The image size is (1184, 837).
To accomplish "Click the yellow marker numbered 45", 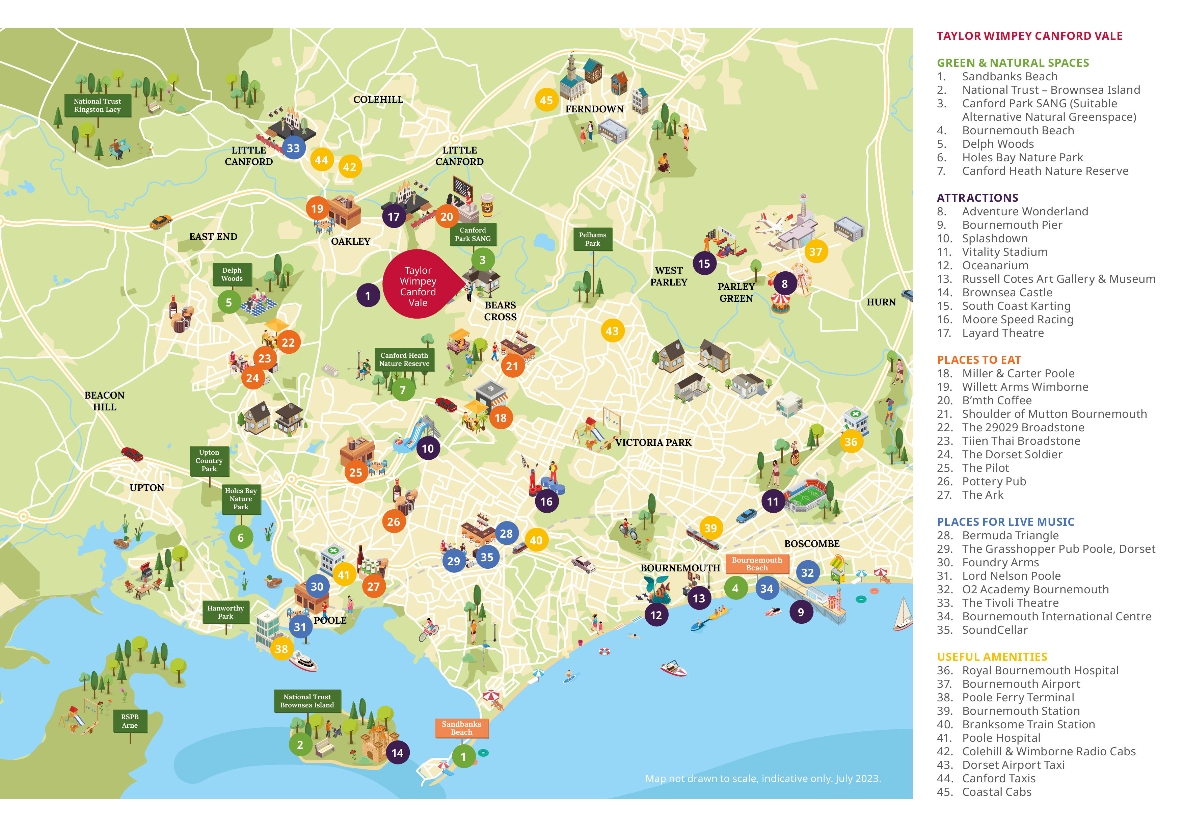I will pos(546,101).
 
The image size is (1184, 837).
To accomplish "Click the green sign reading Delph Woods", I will pos(232,274).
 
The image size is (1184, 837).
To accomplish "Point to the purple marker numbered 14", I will pos(397,753).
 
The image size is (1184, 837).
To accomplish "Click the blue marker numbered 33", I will pos(293,148).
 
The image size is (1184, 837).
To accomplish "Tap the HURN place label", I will pos(881,302).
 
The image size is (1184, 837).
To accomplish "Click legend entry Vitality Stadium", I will pos(1004,252).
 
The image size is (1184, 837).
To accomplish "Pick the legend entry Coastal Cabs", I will pos(996,792).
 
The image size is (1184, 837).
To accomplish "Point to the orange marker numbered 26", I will pos(394,522).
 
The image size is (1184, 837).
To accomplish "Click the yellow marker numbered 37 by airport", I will pos(815,252).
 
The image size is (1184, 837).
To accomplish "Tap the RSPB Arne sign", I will pos(130,721).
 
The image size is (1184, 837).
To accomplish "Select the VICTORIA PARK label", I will pos(653,442).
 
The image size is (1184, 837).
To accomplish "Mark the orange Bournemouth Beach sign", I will pos(756,564).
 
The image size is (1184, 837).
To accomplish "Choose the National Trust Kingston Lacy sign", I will pos(98,106).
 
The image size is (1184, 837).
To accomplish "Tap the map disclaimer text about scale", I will pos(763,779).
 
